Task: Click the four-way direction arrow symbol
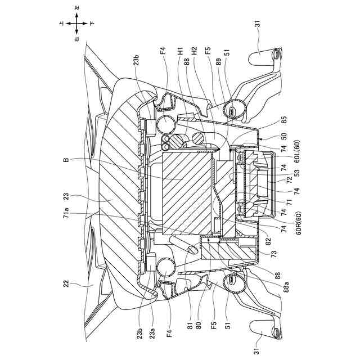pyautogui.click(x=77, y=24)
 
